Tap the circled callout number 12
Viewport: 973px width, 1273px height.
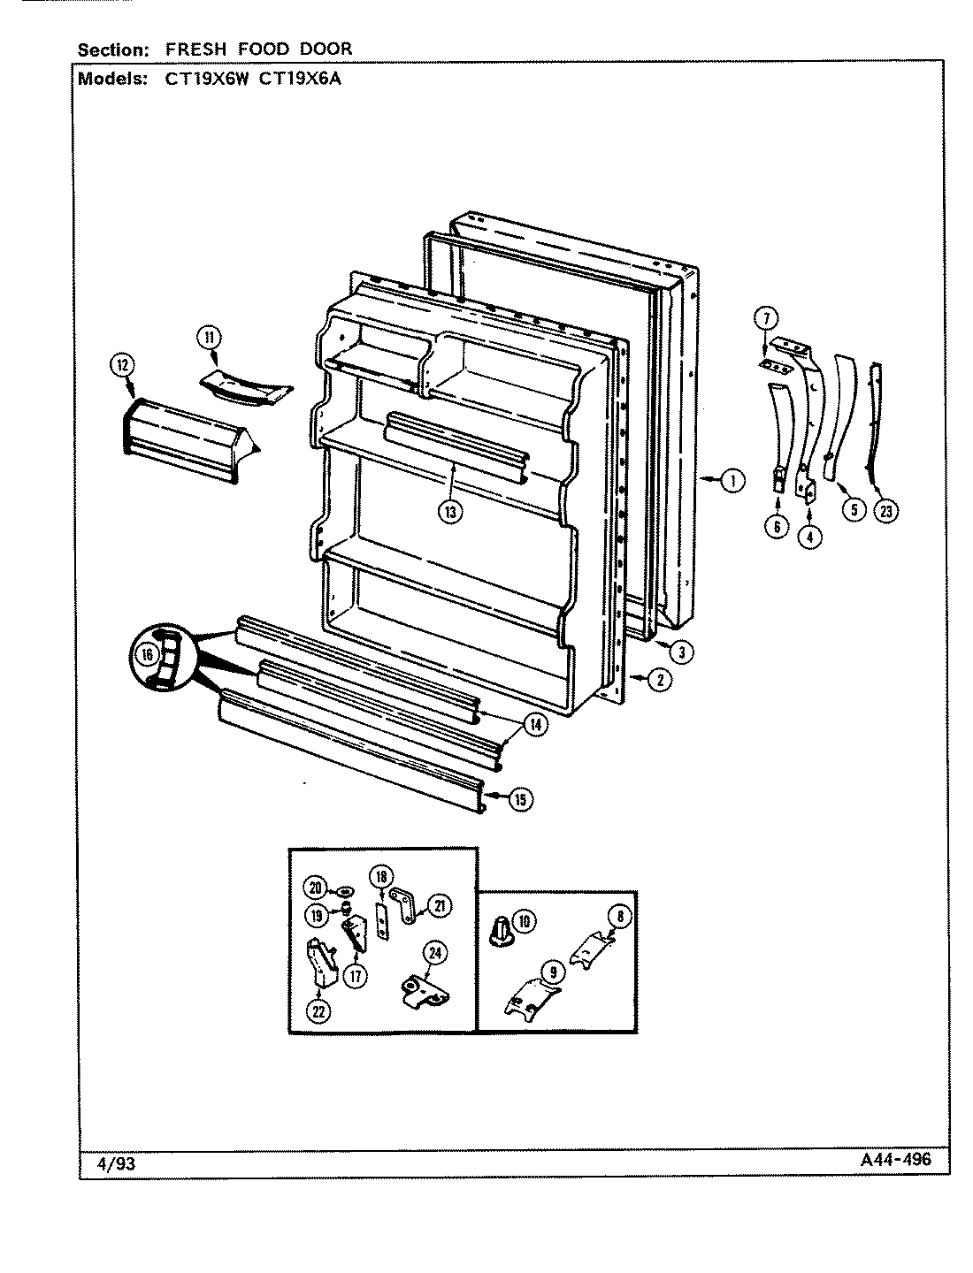pyautogui.click(x=122, y=365)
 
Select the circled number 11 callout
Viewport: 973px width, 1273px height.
pyautogui.click(x=209, y=338)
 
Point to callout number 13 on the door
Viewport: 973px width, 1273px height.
pyautogui.click(x=450, y=512)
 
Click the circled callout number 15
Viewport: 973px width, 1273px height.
pyautogui.click(x=520, y=800)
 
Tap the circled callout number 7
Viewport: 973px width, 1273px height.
pyautogui.click(x=766, y=318)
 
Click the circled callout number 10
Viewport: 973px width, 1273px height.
pyautogui.click(x=525, y=921)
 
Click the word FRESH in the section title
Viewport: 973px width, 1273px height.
pyautogui.click(x=195, y=50)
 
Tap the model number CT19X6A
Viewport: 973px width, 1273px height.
pyautogui.click(x=299, y=79)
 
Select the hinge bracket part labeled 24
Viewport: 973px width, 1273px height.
pyautogui.click(x=425, y=994)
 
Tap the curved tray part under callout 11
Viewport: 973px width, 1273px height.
pyautogui.click(x=246, y=389)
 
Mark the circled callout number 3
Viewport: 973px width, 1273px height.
pyautogui.click(x=682, y=652)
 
